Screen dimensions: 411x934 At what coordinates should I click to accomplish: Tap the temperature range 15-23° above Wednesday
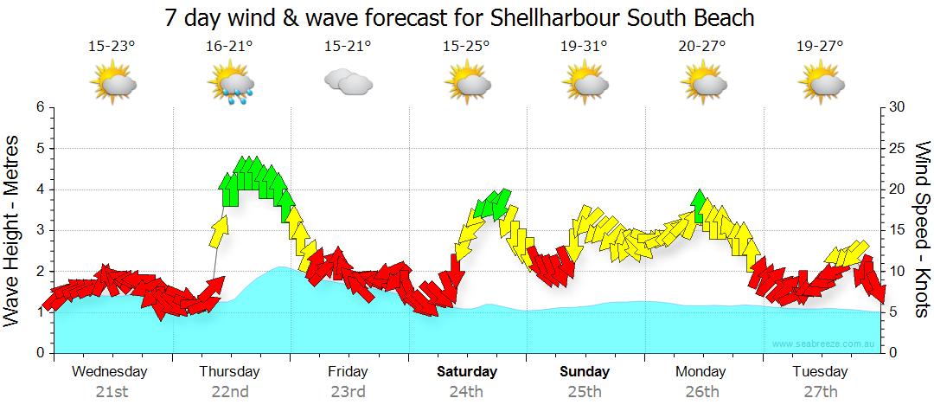click(112, 46)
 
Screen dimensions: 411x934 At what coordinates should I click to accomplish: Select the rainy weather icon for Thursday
click(230, 85)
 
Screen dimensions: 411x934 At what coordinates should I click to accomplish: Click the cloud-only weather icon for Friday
click(348, 83)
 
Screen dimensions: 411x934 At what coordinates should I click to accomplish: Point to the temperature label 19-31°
click(584, 46)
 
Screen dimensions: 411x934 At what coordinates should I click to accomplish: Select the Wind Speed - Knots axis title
click(920, 230)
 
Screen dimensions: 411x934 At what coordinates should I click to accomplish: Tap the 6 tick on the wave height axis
click(39, 107)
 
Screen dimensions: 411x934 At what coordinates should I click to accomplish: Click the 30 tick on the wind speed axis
click(898, 107)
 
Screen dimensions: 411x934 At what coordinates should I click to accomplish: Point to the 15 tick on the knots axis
click(897, 230)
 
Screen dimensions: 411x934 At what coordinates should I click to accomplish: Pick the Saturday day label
click(466, 372)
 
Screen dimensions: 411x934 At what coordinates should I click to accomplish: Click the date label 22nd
click(230, 392)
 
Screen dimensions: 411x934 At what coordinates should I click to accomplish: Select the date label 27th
click(820, 392)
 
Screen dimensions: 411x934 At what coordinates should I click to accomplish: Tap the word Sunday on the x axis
click(584, 372)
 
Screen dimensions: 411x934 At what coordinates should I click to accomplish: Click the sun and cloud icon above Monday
click(702, 84)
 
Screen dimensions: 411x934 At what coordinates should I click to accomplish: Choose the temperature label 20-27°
click(702, 46)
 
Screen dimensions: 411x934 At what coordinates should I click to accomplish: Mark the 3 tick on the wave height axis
click(39, 230)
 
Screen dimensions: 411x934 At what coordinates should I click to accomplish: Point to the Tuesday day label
click(820, 372)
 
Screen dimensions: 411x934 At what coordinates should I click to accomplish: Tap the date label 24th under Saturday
click(466, 392)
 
